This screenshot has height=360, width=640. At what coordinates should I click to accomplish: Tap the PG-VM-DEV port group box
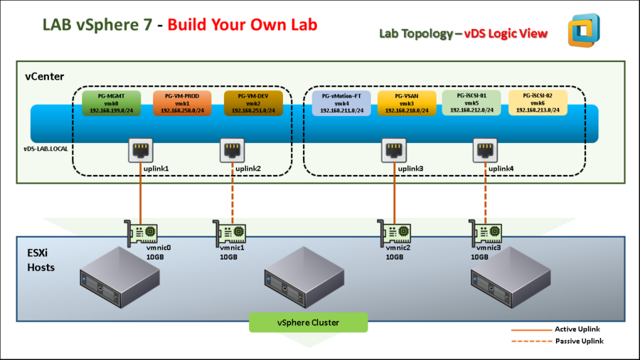point(252,103)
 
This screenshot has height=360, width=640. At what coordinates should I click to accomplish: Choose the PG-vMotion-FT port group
point(341,103)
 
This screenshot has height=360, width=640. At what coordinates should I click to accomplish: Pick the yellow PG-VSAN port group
point(406,103)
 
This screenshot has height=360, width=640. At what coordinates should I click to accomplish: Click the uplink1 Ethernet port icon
point(140,150)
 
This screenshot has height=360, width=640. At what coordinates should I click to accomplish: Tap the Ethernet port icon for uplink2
point(232,150)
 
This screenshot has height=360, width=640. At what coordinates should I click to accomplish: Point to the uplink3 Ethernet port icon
point(393,150)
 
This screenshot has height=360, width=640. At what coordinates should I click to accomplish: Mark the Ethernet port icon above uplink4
point(485,150)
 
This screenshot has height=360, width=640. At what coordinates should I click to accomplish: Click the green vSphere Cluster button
point(308,322)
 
